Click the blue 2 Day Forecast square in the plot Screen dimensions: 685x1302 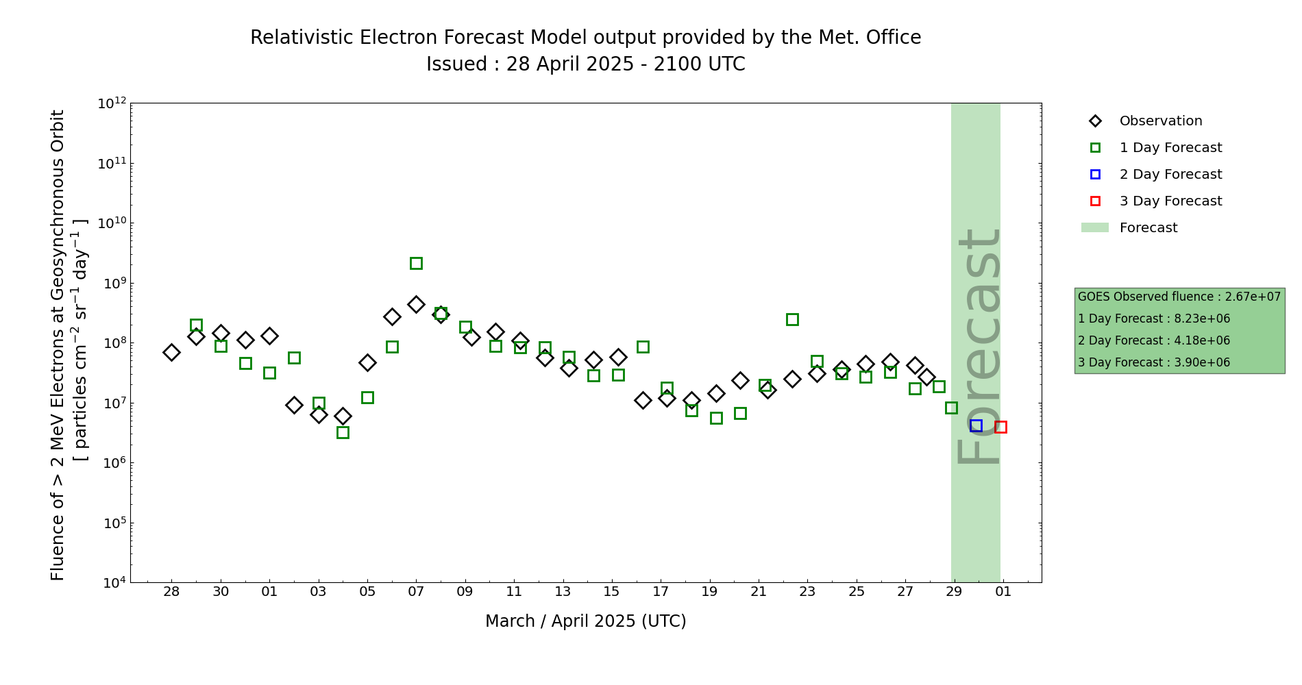pos(976,425)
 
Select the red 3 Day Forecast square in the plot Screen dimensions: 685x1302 pos(1000,427)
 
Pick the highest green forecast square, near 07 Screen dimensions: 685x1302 pos(416,263)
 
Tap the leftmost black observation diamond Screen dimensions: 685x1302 pos(171,352)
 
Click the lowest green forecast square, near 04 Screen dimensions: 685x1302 pos(343,432)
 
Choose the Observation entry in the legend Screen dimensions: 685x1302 pos(1160,121)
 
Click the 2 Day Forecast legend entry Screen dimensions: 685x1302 pos(1170,175)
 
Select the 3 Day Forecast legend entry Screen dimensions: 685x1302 pos(1170,201)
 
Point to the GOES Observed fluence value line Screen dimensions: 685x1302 pos(1179,297)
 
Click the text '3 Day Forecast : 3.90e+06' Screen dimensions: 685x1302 pos(1154,362)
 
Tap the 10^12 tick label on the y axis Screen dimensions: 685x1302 pos(112,103)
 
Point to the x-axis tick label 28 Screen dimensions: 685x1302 pos(171,592)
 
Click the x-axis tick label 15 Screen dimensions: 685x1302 pos(611,592)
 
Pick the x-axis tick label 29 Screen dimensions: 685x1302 pos(954,592)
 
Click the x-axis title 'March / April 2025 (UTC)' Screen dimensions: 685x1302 pos(585,621)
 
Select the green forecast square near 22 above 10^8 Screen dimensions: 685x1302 pos(792,319)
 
